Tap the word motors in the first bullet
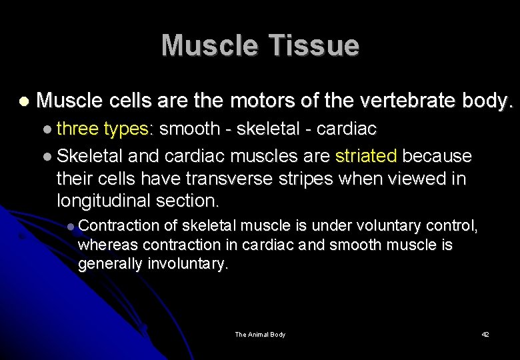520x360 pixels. (x=255, y=101)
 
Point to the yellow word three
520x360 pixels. (x=77, y=128)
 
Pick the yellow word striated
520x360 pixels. (x=366, y=156)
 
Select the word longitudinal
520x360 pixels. (x=103, y=201)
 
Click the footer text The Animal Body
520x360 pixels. (x=260, y=334)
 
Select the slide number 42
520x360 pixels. (x=485, y=334)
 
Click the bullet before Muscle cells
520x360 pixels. (x=24, y=102)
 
